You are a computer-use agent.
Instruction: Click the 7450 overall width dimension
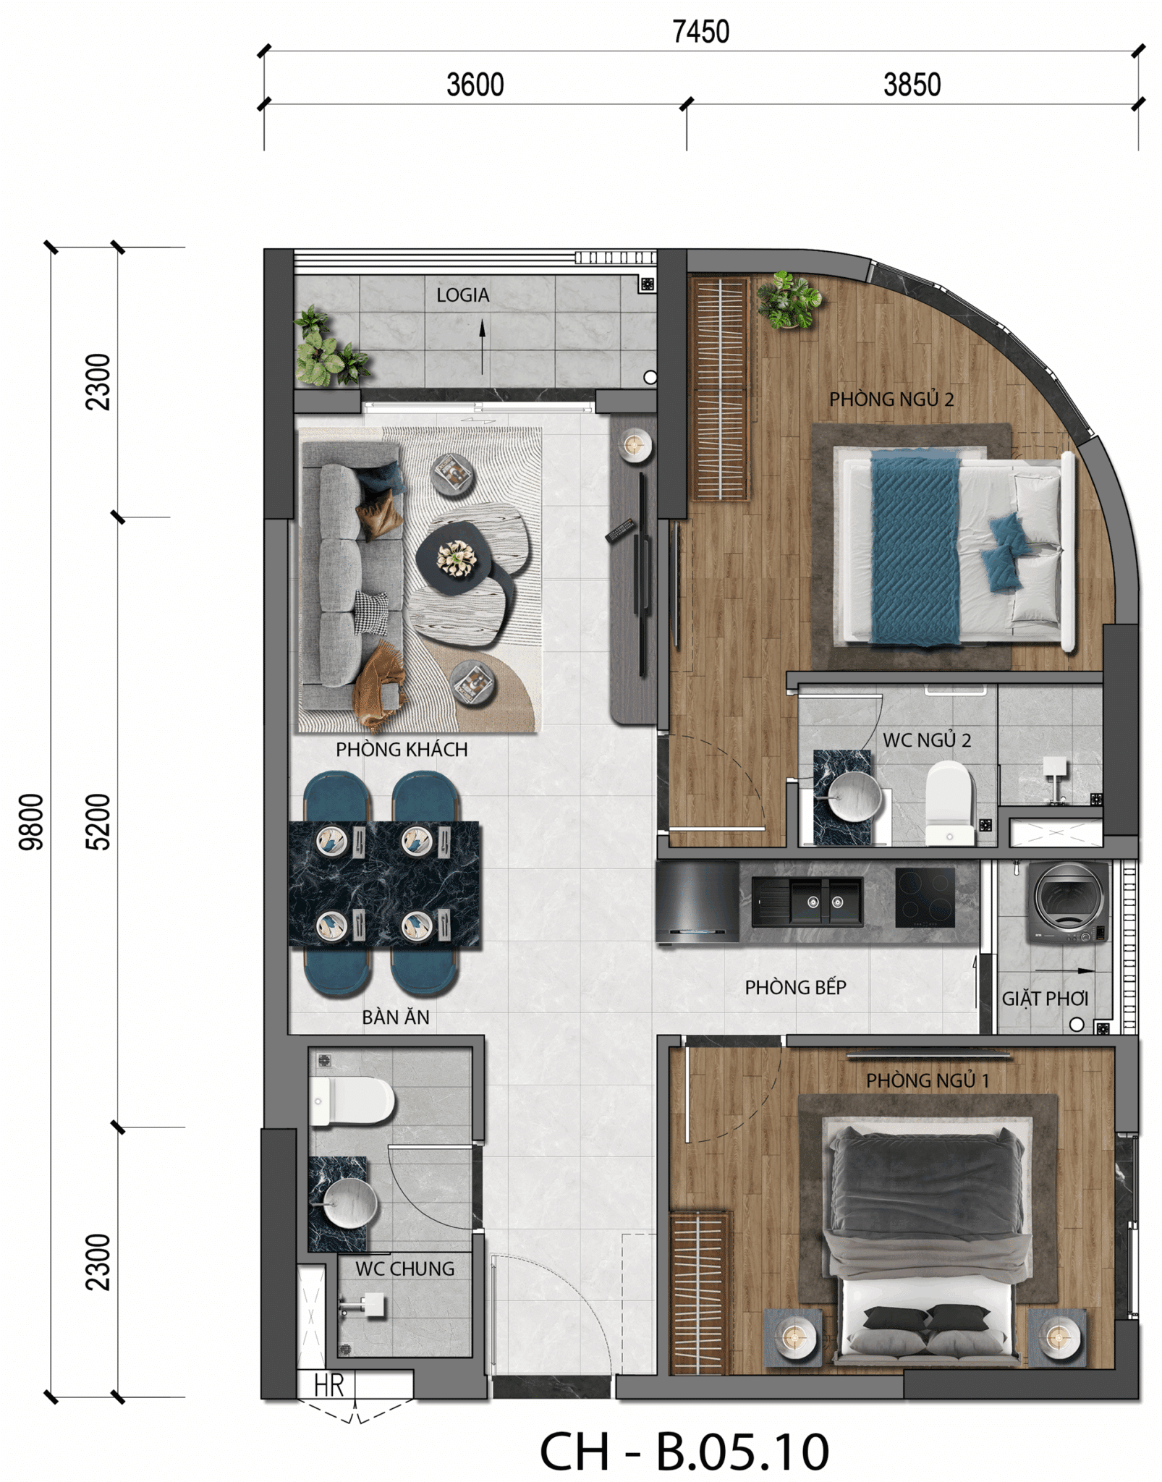click(x=700, y=32)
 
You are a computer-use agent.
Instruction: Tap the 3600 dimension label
click(x=475, y=85)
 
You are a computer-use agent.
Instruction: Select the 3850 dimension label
click(x=912, y=85)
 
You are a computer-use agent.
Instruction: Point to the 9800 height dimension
click(x=32, y=821)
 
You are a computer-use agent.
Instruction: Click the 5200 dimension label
click(x=98, y=821)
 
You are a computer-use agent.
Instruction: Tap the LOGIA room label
click(x=462, y=295)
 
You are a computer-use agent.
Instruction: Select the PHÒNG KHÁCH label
click(x=402, y=749)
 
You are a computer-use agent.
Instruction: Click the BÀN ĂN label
click(x=396, y=1017)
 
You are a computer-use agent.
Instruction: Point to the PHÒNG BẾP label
click(x=795, y=987)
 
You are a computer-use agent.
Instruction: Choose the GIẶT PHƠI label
click(x=1045, y=999)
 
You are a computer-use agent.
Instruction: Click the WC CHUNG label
click(x=404, y=1269)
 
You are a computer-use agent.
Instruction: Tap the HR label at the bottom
click(x=328, y=1385)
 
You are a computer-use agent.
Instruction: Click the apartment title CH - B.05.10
click(x=684, y=1450)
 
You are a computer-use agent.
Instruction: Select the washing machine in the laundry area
click(x=1068, y=902)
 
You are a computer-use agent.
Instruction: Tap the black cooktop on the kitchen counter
click(x=925, y=897)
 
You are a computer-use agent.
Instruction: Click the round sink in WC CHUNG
click(x=349, y=1203)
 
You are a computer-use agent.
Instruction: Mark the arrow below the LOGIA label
click(x=482, y=347)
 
